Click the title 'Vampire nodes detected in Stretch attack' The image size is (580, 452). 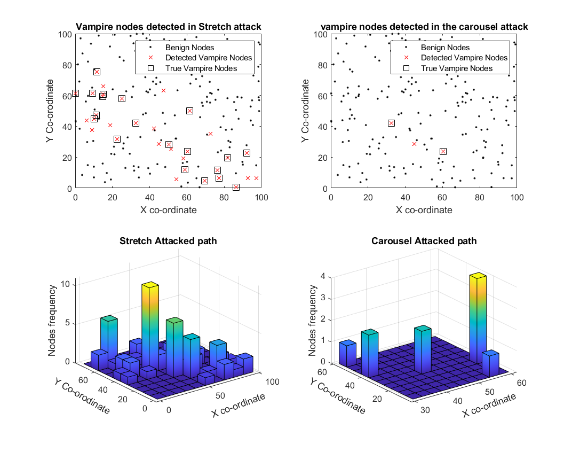coord(168,27)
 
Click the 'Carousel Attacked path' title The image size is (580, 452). coord(424,241)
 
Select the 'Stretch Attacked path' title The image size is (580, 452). coord(168,241)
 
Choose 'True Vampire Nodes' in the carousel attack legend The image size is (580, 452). coord(456,68)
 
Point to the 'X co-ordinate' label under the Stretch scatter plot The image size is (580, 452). coord(168,210)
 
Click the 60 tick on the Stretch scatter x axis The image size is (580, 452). coord(187,197)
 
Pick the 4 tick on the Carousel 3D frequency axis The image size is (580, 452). coord(323,276)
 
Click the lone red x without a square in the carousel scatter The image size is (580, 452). coord(414,144)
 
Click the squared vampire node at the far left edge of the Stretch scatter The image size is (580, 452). coord(75,93)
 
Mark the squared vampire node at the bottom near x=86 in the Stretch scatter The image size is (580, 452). coord(236,187)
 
